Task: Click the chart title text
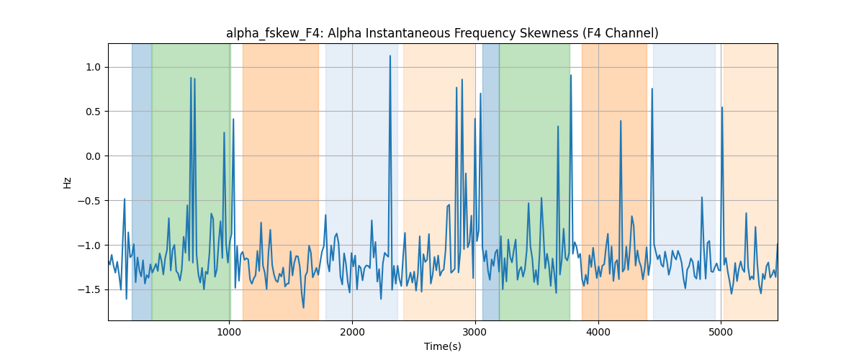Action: click(x=442, y=33)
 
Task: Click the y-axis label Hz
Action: click(x=67, y=183)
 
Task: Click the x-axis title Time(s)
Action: click(x=442, y=346)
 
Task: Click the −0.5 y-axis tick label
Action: click(x=89, y=201)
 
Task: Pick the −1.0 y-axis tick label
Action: click(x=89, y=246)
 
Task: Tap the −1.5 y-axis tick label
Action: click(x=89, y=289)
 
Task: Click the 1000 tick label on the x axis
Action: click(x=230, y=332)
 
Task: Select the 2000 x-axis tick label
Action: click(x=352, y=332)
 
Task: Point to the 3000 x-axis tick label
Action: click(x=475, y=332)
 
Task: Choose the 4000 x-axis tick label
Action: click(x=598, y=332)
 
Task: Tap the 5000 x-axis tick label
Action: click(x=721, y=332)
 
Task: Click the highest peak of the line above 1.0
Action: click(x=390, y=56)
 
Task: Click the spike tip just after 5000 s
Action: click(x=722, y=107)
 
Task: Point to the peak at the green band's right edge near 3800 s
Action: click(x=571, y=76)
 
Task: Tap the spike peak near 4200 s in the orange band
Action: click(x=621, y=121)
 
